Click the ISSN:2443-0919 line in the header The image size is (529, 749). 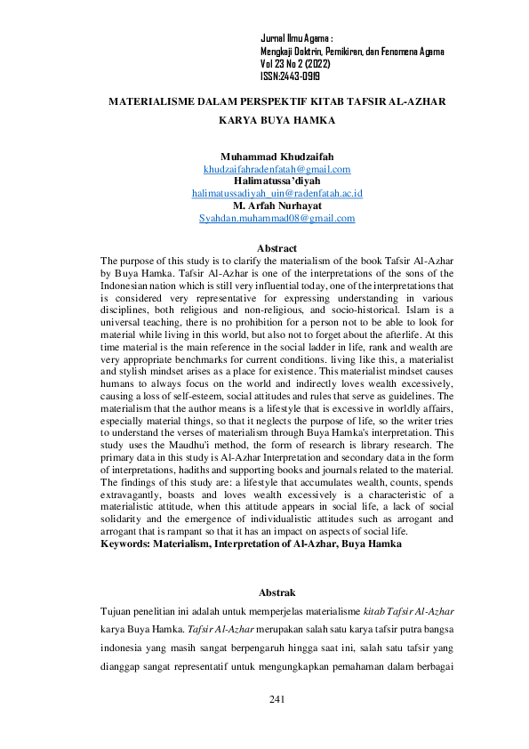(x=290, y=77)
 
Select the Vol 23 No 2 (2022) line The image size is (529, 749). (x=297, y=65)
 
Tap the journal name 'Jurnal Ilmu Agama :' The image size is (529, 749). (x=297, y=40)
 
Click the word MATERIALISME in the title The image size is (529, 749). (x=148, y=102)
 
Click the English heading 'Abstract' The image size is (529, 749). (x=277, y=248)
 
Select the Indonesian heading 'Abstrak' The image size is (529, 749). (x=277, y=592)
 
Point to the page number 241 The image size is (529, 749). (x=277, y=702)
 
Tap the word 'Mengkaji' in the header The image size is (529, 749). (x=277, y=52)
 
